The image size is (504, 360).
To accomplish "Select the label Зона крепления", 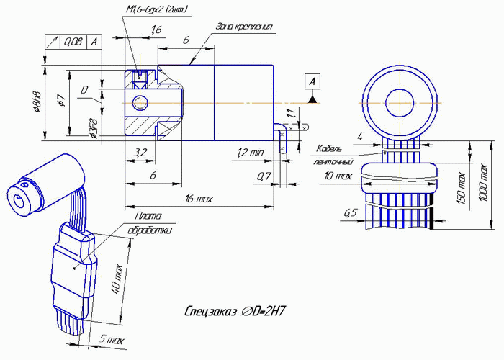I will (x=245, y=27).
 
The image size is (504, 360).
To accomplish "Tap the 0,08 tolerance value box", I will (x=73, y=42).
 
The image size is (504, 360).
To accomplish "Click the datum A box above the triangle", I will (x=312, y=81).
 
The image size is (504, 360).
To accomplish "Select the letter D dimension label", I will (x=84, y=91).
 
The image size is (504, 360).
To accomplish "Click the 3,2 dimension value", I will (x=141, y=152).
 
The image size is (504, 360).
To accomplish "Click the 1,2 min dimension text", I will (x=251, y=153).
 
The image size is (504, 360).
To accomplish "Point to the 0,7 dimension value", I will (x=264, y=176).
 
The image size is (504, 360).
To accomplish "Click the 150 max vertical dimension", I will (x=462, y=189).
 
